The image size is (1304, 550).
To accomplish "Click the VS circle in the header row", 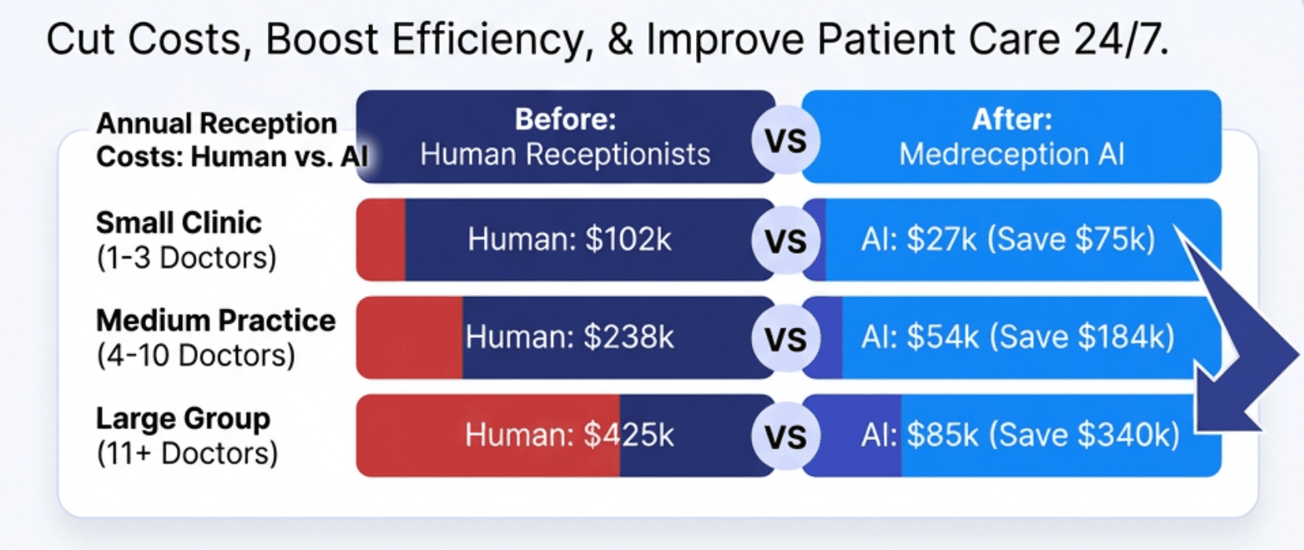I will [x=786, y=141].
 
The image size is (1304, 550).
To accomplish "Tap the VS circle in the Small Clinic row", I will [x=786, y=240].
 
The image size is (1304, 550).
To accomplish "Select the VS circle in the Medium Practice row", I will [x=786, y=339].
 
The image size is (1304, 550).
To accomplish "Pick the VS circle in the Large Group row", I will [x=786, y=436].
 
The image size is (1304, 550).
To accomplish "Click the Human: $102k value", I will [x=570, y=240].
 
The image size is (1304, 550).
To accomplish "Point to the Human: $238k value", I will [x=570, y=337].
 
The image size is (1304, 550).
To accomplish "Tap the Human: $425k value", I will [x=570, y=435].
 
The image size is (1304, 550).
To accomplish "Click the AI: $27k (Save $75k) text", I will [x=1008, y=240].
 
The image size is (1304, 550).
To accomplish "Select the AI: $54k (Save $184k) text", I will [x=1017, y=337].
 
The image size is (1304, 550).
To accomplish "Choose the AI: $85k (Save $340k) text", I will [x=1020, y=435].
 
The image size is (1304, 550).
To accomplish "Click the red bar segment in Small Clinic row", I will [x=382, y=240].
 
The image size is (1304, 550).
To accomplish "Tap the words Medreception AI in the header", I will [x=1012, y=155].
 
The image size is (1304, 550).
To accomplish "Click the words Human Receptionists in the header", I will [x=565, y=155].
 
